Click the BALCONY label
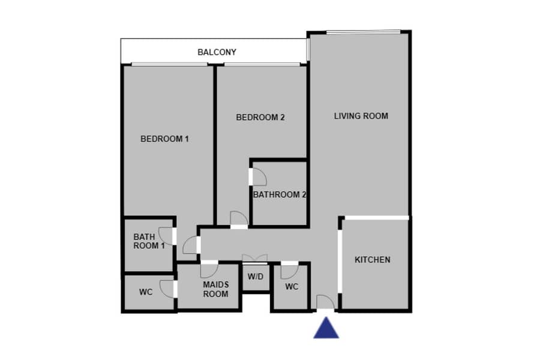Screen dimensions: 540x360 (x=217, y=52)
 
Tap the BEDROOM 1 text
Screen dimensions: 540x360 (x=164, y=139)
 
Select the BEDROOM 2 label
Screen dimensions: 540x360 (x=260, y=118)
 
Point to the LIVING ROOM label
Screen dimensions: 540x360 (x=361, y=116)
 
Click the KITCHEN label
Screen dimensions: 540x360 (x=372, y=260)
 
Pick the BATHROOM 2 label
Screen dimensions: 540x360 (x=279, y=194)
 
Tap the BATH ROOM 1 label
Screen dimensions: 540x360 (x=149, y=241)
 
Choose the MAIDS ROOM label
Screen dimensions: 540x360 (x=215, y=289)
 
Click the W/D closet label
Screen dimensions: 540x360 (x=256, y=277)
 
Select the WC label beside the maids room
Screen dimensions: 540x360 (x=146, y=292)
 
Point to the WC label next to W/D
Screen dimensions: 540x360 (x=292, y=287)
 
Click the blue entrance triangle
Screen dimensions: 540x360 (x=326, y=328)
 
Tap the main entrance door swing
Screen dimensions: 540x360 (x=325, y=302)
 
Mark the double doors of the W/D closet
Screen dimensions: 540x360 (x=255, y=259)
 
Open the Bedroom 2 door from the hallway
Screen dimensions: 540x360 (x=239, y=220)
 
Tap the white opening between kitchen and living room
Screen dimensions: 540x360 (x=377, y=218)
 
